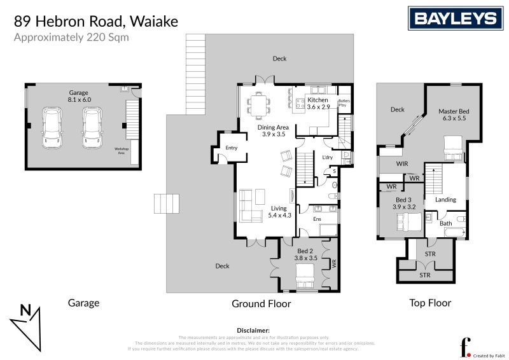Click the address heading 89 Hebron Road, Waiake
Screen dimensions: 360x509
pos(96,22)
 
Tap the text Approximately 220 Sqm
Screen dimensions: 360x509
pos(71,37)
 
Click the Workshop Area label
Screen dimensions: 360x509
pos(121,151)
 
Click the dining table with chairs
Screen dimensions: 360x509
pos(259,105)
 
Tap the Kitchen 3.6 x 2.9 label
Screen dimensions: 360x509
pos(318,104)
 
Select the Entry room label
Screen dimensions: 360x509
pos(231,148)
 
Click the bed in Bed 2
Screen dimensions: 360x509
pos(305,276)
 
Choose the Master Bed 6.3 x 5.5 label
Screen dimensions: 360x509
pos(452,114)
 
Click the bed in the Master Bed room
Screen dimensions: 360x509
pos(453,148)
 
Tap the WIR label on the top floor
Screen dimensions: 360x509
pos(401,164)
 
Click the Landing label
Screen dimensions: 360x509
pos(445,200)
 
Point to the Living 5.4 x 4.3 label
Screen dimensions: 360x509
pos(279,212)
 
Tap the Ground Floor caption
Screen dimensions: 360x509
pos(261,304)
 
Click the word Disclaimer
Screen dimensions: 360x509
pos(253,331)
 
